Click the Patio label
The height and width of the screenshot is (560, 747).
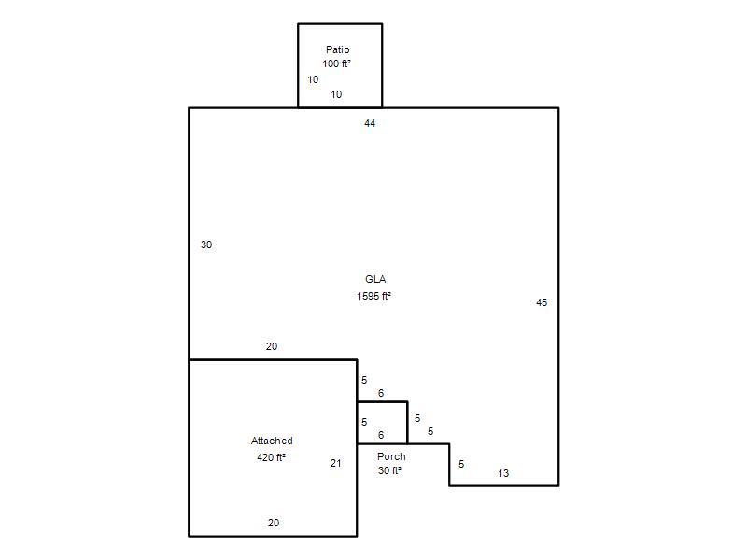tap(338, 49)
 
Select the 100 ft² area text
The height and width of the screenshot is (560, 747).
tap(337, 63)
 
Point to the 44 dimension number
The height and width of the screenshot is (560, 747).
tap(370, 123)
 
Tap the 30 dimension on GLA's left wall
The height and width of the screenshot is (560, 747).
tap(206, 245)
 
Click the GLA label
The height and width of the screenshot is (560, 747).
tap(375, 279)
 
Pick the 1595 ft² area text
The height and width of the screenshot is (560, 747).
tap(374, 296)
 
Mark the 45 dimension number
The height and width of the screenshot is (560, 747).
tap(542, 302)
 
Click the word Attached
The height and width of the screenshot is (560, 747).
tap(272, 441)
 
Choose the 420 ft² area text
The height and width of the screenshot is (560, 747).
tap(271, 457)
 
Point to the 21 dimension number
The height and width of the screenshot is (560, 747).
tap(336, 463)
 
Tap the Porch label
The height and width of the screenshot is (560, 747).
tap(391, 456)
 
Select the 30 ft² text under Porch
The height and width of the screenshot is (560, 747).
tap(389, 470)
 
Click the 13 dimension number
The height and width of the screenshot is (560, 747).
tap(503, 473)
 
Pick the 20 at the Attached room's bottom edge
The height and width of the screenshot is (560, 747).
tap(274, 523)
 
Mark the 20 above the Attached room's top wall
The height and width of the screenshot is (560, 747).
tap(272, 346)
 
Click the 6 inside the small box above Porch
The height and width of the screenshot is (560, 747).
tap(381, 435)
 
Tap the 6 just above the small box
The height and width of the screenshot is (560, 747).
tap(381, 393)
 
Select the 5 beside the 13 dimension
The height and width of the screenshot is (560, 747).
tap(461, 464)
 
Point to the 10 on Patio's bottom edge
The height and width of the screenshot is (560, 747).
tap(336, 94)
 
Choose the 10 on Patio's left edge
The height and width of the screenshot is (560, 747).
tap(313, 79)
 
